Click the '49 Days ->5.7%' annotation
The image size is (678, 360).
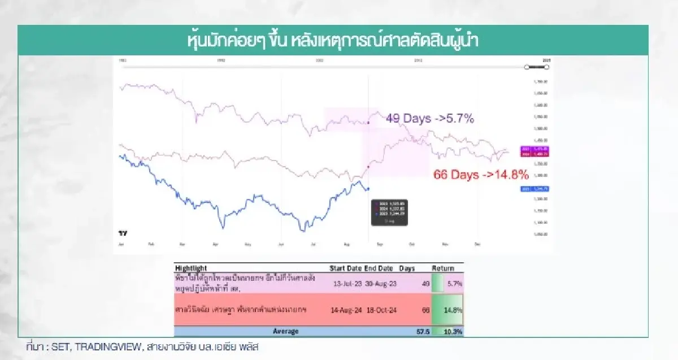(430, 119)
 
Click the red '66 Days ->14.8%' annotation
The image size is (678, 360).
(481, 174)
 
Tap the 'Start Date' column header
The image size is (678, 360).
(345, 268)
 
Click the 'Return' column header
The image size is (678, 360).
(443, 268)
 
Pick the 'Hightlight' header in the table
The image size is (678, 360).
(191, 268)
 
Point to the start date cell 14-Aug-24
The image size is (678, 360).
(346, 310)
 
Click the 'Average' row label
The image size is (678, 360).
(285, 331)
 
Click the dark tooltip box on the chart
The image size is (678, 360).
(389, 212)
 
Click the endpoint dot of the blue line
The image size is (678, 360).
(368, 189)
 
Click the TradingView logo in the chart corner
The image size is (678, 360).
(122, 233)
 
